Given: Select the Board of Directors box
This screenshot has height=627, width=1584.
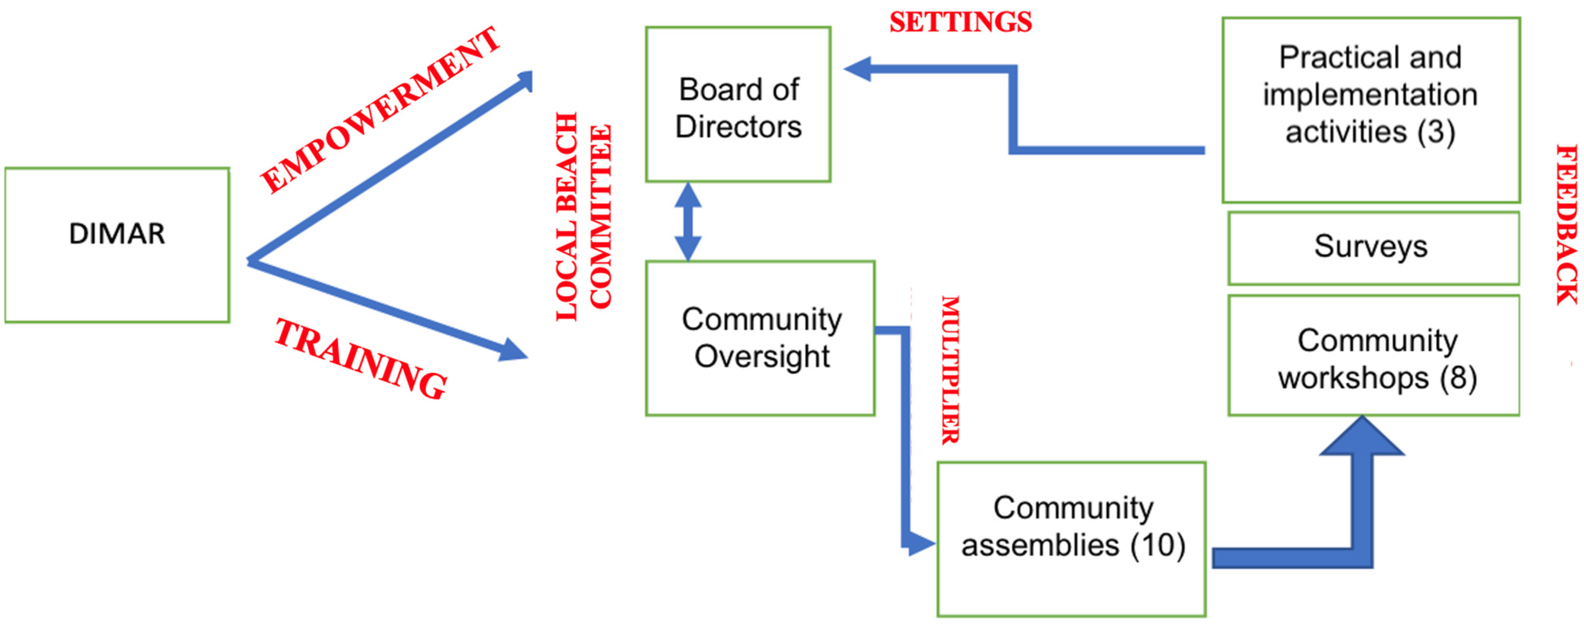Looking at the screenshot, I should pyautogui.click(x=738, y=104).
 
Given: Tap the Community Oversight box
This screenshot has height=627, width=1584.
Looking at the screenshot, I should pyautogui.click(x=760, y=338).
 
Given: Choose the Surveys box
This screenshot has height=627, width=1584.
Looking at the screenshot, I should pyautogui.click(x=1374, y=248).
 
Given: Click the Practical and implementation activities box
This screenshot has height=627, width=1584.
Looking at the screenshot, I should pyautogui.click(x=1371, y=109).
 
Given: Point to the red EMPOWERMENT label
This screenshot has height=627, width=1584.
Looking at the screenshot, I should pyautogui.click(x=380, y=111).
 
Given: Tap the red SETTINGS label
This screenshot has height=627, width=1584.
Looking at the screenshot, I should pyautogui.click(x=961, y=23).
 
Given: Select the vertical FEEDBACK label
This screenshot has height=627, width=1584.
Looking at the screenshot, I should pyautogui.click(x=1567, y=224).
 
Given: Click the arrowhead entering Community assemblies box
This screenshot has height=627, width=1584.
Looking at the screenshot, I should pyautogui.click(x=921, y=543).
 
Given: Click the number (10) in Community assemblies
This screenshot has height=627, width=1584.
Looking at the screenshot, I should pyautogui.click(x=1158, y=545).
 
